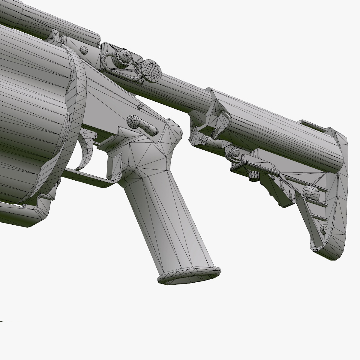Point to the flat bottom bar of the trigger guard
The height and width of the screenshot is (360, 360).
[x=87, y=177]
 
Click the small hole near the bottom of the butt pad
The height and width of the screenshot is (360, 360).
[x=323, y=230]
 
